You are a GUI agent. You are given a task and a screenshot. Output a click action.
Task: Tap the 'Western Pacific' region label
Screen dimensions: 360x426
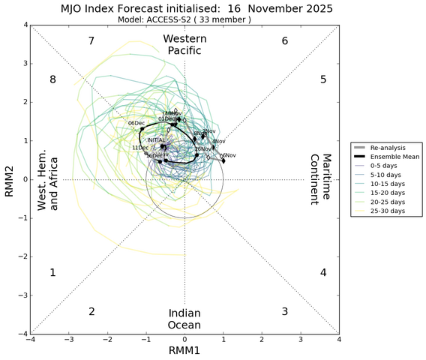pos(184,44)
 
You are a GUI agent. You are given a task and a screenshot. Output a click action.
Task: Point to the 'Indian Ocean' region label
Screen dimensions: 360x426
pos(184,319)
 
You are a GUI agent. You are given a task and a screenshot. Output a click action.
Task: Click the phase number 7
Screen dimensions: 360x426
pos(91,40)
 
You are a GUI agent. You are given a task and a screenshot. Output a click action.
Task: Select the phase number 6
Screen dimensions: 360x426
pos(285,40)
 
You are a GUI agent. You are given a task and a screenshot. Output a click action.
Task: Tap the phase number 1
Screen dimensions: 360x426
pos(52,272)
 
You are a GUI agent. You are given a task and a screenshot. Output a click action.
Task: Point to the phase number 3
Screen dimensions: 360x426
pos(285,311)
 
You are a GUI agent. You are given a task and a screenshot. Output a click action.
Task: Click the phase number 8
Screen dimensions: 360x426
pos(52,79)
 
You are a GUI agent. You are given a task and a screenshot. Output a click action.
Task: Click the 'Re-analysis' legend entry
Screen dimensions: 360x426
pos(385,148)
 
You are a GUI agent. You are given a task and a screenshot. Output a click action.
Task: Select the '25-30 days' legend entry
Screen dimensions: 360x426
pos(384,211)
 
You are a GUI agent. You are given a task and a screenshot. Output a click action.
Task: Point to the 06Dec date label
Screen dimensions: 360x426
pos(136,123)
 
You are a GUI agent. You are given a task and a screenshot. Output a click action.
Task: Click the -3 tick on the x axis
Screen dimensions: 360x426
pos(69,340)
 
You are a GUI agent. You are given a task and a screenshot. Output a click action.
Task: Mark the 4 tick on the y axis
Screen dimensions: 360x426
pos(24,25)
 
